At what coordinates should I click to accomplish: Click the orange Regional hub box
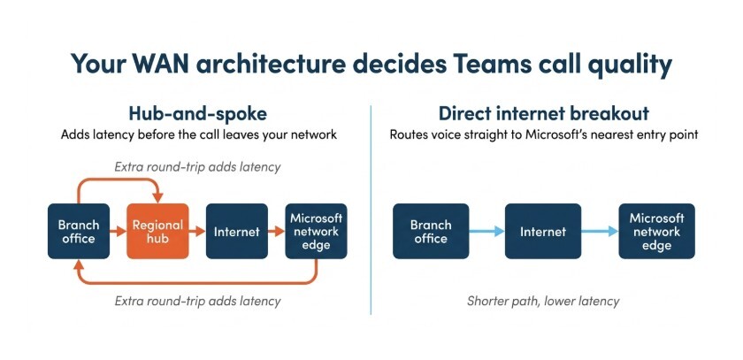(157, 231)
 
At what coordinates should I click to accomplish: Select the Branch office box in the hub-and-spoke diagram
(78, 231)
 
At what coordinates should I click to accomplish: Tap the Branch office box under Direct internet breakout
(430, 231)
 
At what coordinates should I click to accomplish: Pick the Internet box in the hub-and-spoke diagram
(237, 231)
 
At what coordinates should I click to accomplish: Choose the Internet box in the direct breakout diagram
(542, 231)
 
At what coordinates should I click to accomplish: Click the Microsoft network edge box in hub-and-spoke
(316, 231)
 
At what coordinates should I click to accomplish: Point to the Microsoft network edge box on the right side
(656, 231)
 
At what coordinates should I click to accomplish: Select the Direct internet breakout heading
(543, 114)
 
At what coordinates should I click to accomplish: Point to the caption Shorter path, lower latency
(543, 301)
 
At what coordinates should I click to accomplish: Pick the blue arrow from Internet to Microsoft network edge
(599, 232)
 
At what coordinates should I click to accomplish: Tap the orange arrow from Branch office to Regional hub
(117, 232)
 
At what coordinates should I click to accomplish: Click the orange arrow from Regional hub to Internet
(196, 232)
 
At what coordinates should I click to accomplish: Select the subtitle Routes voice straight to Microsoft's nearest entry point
(543, 136)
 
